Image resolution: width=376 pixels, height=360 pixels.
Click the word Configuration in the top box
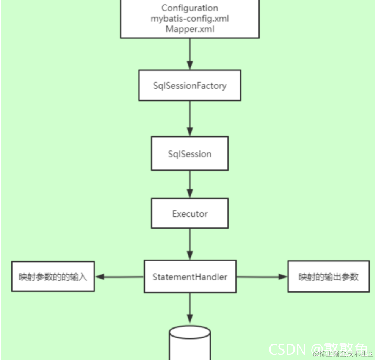(x=190, y=8)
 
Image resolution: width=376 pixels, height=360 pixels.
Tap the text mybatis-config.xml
(x=190, y=19)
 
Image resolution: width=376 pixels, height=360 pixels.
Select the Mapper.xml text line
(x=190, y=29)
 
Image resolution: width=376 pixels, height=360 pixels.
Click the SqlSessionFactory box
(x=190, y=85)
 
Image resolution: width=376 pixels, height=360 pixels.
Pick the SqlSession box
(x=190, y=154)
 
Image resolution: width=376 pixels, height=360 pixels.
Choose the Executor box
(x=190, y=213)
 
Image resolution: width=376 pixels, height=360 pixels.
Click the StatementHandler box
(x=190, y=277)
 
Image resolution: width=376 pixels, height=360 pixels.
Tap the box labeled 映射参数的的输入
(x=53, y=277)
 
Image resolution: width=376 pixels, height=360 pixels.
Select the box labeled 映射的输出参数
(x=328, y=277)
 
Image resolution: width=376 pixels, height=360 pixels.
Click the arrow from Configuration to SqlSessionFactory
(x=190, y=53)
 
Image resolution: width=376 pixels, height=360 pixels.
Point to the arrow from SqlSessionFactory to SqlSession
(x=190, y=118)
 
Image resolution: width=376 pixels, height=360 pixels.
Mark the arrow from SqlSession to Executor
(x=190, y=183)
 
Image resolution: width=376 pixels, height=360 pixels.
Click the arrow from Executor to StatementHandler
(x=190, y=243)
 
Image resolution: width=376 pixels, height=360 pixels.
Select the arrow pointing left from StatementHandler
(x=119, y=277)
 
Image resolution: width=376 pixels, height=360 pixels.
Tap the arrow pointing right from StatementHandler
(x=262, y=277)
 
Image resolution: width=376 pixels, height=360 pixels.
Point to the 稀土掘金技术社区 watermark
(x=343, y=354)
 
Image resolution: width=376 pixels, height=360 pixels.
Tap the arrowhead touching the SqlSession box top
(x=190, y=133)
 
